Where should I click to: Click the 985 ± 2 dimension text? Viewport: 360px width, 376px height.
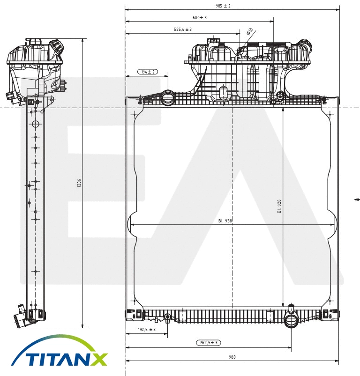pos(223,6)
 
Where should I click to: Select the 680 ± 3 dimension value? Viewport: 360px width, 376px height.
pos(199,17)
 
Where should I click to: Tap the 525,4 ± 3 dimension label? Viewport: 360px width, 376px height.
pos(183,29)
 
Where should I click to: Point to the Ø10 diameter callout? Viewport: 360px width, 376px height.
pos(249,31)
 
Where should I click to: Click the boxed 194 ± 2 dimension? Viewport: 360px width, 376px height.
pos(148,72)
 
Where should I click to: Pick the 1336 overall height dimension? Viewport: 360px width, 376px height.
pos(79,183)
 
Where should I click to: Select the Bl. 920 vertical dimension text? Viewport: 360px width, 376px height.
pos(279,206)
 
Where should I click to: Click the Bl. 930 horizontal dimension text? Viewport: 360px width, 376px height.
pos(225,221)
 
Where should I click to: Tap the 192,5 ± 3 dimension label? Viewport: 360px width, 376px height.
pos(147,330)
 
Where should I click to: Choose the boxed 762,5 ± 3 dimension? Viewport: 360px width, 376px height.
pos(209,343)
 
